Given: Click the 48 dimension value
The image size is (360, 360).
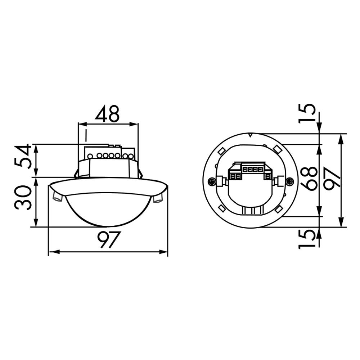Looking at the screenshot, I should coord(107,114).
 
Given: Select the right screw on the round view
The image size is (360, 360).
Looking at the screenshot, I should coord(289,181).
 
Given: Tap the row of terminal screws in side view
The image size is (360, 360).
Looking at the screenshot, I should coord(110,156).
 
